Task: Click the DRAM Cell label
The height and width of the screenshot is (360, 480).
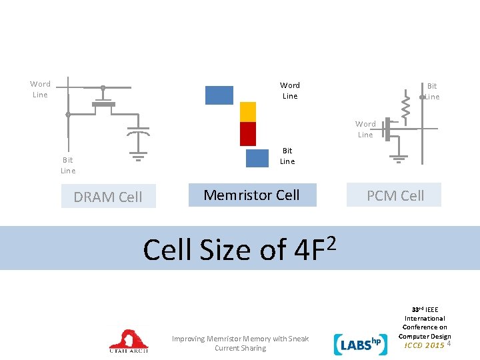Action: coord(108,197)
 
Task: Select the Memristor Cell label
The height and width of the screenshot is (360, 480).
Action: coord(251,195)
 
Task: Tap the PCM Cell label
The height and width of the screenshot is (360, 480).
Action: coord(395,195)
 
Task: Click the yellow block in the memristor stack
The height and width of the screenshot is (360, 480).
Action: coord(248,111)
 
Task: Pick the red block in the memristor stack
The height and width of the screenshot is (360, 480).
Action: coord(248,133)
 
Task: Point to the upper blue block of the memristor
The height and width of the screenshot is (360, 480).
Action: coord(219,95)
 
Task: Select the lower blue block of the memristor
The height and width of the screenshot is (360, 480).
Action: coord(257,158)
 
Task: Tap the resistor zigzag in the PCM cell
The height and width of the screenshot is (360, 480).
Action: coord(405,107)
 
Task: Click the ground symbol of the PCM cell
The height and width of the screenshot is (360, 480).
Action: coord(399,159)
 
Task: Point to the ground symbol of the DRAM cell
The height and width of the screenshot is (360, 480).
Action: coord(138,159)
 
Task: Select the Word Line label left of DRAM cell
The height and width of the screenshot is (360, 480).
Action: coord(40,89)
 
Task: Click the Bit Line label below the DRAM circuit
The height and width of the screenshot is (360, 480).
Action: coord(68,165)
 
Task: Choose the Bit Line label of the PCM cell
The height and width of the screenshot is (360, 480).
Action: coord(432,91)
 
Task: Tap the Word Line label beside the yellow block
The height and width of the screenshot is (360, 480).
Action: coord(290,91)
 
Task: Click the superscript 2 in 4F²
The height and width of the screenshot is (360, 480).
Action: coord(331,239)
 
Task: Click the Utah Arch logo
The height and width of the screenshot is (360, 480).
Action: coord(129,341)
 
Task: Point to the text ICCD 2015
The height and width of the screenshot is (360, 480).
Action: coord(425,345)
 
